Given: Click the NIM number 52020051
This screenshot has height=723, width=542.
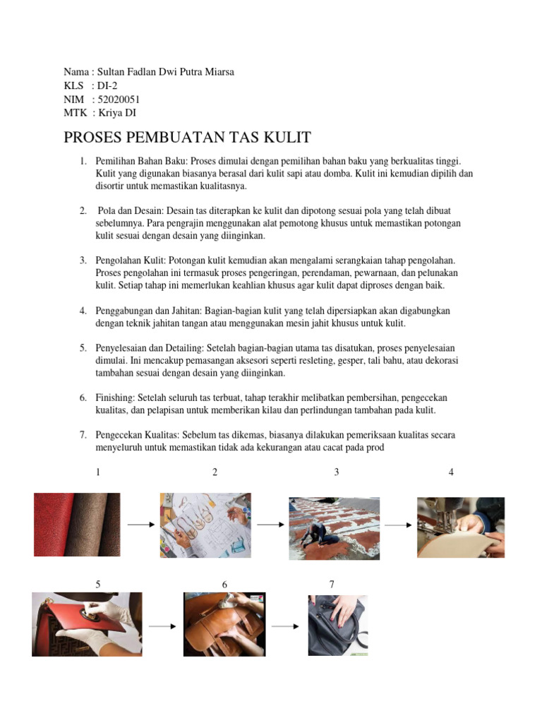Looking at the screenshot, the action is pos(119,99).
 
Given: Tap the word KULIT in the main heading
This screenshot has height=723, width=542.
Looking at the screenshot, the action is pos(287,137).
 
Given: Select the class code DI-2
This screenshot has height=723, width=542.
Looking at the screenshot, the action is pos(107,85).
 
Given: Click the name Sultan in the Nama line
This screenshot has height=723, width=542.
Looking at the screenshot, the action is pos(112,72).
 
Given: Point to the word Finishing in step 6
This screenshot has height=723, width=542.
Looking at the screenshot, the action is pos(115,398).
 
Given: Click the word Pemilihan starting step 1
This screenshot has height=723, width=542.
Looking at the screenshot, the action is pos(115,162).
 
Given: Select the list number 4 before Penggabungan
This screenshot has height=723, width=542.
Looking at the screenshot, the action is pos(83,311).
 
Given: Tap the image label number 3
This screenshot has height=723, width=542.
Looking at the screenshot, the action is pos(337,472).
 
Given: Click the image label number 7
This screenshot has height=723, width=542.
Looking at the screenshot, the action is pos(332,584).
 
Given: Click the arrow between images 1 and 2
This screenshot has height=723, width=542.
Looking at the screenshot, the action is pos(141,525).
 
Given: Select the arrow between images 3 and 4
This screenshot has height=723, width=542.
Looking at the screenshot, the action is pos(398,525).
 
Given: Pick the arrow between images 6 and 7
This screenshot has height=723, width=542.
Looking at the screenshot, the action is pos(285,626).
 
